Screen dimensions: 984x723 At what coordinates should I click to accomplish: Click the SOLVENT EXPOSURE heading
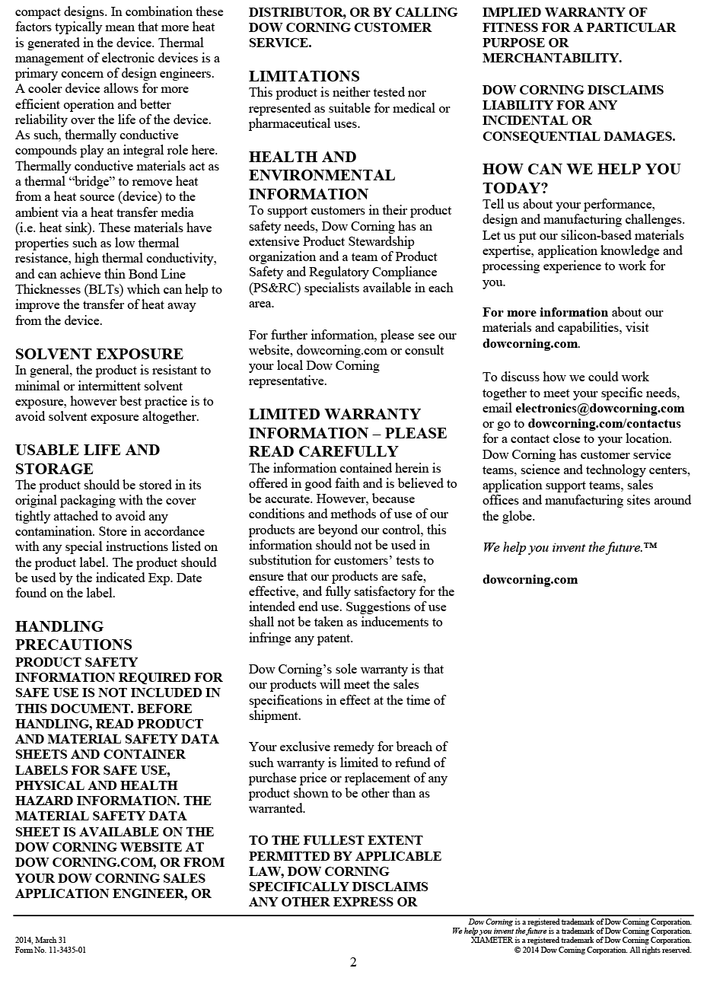point(99,354)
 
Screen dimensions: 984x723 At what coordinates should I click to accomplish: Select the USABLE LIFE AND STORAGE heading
point(88,459)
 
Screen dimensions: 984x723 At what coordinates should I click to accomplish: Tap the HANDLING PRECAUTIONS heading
point(74,635)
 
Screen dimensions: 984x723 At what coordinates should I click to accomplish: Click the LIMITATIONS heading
point(304,76)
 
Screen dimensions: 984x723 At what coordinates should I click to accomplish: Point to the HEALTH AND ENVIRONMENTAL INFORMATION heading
point(322,175)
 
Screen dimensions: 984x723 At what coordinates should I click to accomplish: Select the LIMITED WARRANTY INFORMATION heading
point(347,432)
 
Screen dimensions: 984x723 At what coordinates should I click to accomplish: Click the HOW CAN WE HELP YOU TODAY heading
point(581,178)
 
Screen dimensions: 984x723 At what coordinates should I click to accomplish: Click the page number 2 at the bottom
point(353,963)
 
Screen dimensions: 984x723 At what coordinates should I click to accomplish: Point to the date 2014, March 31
point(41,940)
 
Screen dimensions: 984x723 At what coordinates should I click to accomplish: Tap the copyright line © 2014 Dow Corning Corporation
point(602,950)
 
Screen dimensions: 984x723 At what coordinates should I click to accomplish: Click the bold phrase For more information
point(545,312)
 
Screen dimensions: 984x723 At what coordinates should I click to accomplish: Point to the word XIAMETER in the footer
point(492,940)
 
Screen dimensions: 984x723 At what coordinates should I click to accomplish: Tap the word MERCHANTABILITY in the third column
point(552,58)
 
